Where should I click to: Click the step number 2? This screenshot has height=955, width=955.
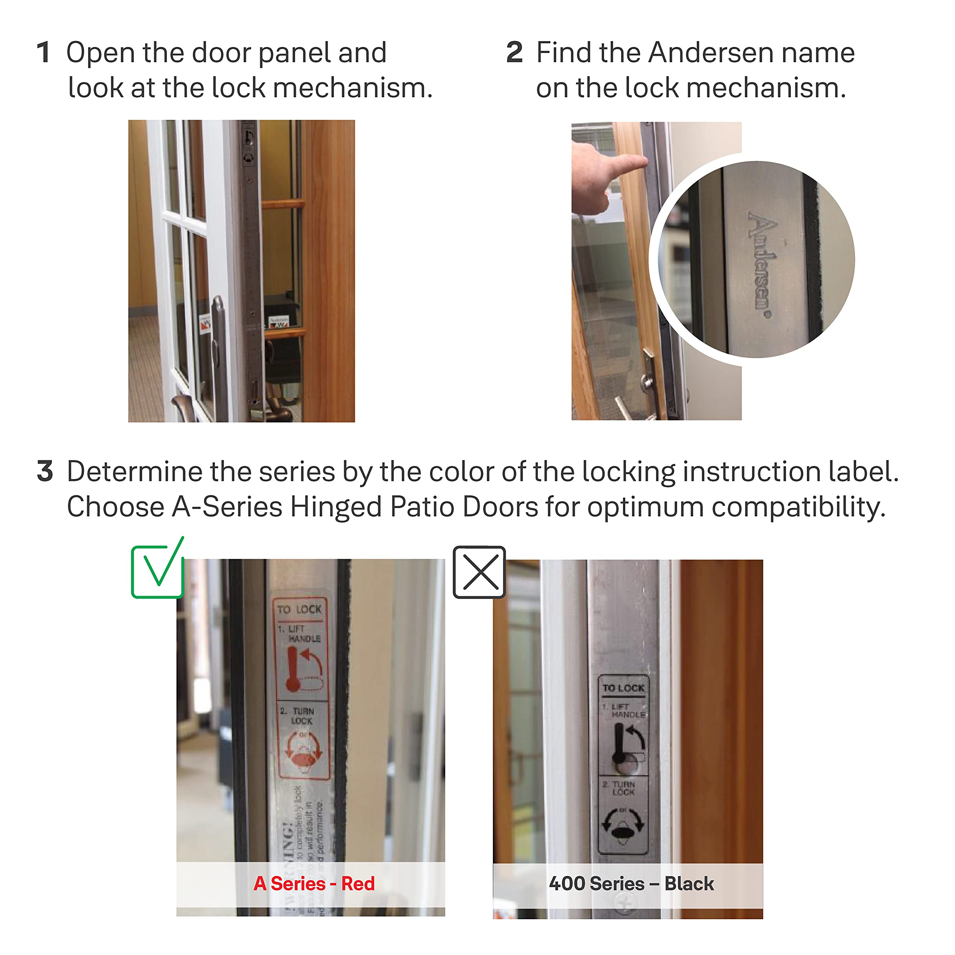(514, 52)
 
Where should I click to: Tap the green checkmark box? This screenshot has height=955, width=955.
(157, 571)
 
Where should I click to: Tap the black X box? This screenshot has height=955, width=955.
(479, 572)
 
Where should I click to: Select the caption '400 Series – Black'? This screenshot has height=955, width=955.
(631, 883)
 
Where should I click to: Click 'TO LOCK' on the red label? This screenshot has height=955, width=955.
(299, 610)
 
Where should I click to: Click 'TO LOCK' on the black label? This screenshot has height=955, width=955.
(623, 688)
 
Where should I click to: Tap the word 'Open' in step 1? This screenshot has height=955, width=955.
(100, 53)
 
